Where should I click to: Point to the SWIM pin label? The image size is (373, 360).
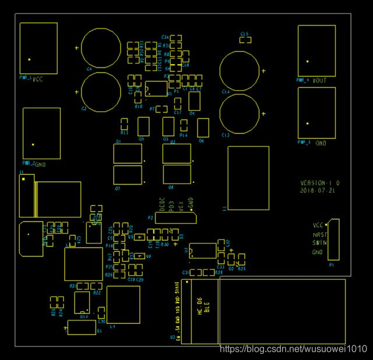[x=318, y=243]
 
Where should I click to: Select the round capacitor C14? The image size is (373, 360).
[x=238, y=70]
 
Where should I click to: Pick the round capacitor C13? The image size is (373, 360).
[x=239, y=113]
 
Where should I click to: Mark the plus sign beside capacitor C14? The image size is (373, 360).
[x=263, y=71]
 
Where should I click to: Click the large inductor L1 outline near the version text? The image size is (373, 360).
[x=248, y=178]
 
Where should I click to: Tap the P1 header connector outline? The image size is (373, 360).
[x=333, y=239]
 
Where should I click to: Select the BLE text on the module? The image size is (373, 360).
[x=206, y=307]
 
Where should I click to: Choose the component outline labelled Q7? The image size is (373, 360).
[x=128, y=175]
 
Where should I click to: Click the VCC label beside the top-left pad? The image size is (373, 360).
[x=38, y=79]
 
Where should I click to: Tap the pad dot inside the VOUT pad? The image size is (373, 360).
[x=308, y=61]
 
